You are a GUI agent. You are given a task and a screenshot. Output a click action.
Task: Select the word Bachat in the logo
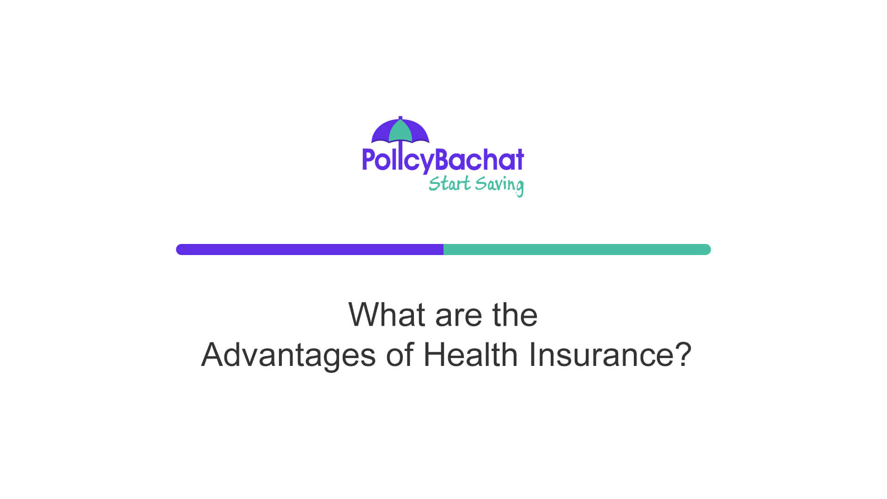480,159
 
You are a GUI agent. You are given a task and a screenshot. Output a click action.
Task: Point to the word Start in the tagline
449,184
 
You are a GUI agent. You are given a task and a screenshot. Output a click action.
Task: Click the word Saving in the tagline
499,185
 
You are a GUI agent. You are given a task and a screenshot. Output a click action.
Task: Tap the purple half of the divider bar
310,249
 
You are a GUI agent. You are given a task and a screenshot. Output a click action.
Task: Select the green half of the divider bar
577,249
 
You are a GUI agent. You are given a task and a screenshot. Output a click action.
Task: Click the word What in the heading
387,315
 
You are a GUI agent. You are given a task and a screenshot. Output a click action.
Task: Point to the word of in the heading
400,354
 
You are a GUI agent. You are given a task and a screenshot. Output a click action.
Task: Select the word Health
470,354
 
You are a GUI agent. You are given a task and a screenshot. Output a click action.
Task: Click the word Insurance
601,354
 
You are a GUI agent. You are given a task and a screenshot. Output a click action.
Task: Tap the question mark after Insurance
683,354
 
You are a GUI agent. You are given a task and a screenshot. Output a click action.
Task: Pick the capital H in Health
434,354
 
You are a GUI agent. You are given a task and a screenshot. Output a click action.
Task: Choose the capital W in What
365,315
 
